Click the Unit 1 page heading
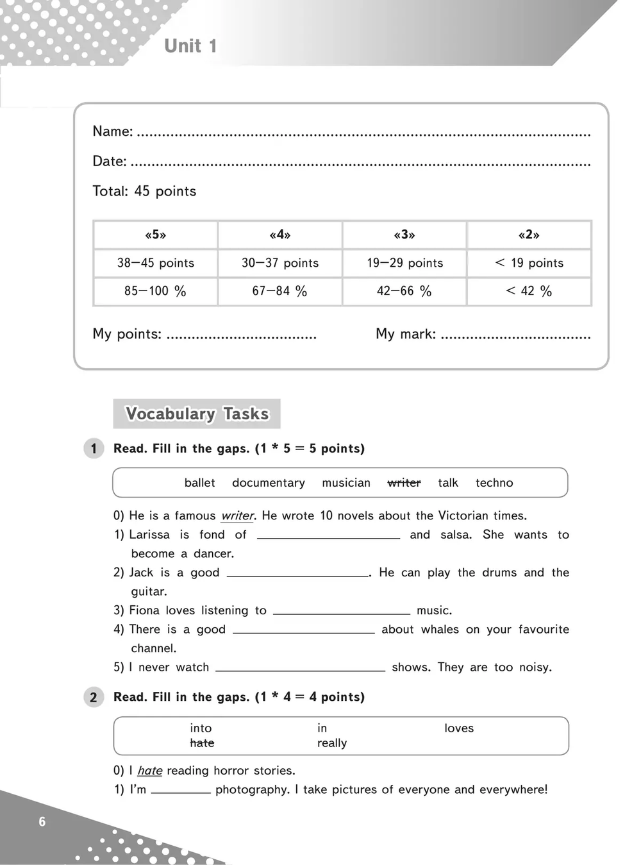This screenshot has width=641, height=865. coord(190,46)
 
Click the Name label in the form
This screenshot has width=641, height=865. coord(112,131)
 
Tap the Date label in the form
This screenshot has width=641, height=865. coord(109,161)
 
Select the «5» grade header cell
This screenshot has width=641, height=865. coord(156,235)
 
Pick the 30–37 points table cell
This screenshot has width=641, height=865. coord(280,263)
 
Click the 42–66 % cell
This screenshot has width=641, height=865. coord(404,291)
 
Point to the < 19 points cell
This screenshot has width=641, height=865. coord(529,263)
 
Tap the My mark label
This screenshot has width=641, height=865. coord(405,334)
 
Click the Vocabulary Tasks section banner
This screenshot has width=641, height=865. coord(197,414)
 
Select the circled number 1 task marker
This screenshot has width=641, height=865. coord(94,448)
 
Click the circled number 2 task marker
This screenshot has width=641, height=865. coord(94,697)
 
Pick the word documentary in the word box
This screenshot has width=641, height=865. coord(269,483)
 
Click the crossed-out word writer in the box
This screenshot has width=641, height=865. coord(404,483)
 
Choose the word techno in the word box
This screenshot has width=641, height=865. coord(494,483)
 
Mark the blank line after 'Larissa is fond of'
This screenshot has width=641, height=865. coord(328,536)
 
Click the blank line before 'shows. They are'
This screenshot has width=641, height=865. coord(300,669)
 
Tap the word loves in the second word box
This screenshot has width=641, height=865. coord(459,728)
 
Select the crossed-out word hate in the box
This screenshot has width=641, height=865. coord(202,743)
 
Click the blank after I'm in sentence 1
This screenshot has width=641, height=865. coord(181,791)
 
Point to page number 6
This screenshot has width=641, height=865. coord(42,821)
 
